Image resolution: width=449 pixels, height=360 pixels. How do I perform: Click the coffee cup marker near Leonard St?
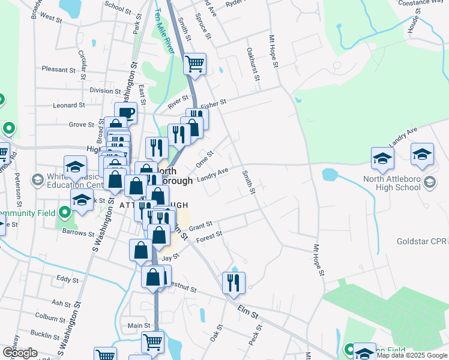point(125,112)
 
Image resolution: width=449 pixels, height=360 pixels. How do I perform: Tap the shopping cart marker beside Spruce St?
point(194,64)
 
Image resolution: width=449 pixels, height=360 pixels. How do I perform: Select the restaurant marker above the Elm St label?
point(233,283)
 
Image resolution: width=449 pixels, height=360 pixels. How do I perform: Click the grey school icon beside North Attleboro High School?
point(429,181)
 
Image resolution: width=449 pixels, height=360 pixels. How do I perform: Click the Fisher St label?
point(214,103)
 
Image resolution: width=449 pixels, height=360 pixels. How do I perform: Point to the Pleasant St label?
point(58,70)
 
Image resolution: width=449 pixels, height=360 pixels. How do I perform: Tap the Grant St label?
point(201,227)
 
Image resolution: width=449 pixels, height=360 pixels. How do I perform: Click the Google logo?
point(20,353)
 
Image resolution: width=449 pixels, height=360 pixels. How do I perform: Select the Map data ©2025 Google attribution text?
point(411,355)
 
